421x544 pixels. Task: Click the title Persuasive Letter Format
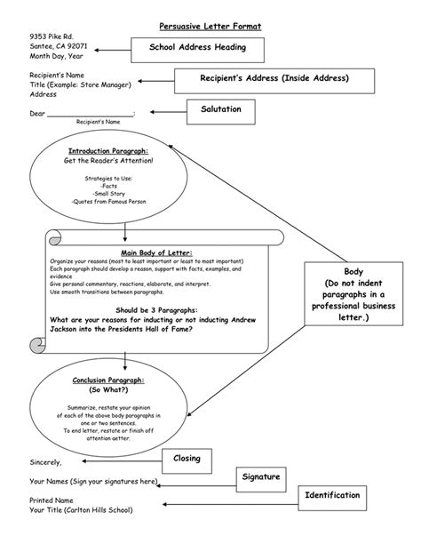pyautogui.click(x=210, y=28)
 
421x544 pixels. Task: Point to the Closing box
pyautogui.click(x=187, y=459)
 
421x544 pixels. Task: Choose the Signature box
pyautogui.click(x=260, y=477)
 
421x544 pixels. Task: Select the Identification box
pyautogui.click(x=331, y=495)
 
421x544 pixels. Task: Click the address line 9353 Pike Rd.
pyautogui.click(x=51, y=36)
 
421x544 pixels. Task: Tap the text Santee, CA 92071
pyautogui.click(x=59, y=46)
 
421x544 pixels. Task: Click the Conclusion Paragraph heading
pyautogui.click(x=108, y=380)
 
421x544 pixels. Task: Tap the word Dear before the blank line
pyautogui.click(x=37, y=113)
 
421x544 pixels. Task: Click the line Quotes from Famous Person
pyautogui.click(x=108, y=202)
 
